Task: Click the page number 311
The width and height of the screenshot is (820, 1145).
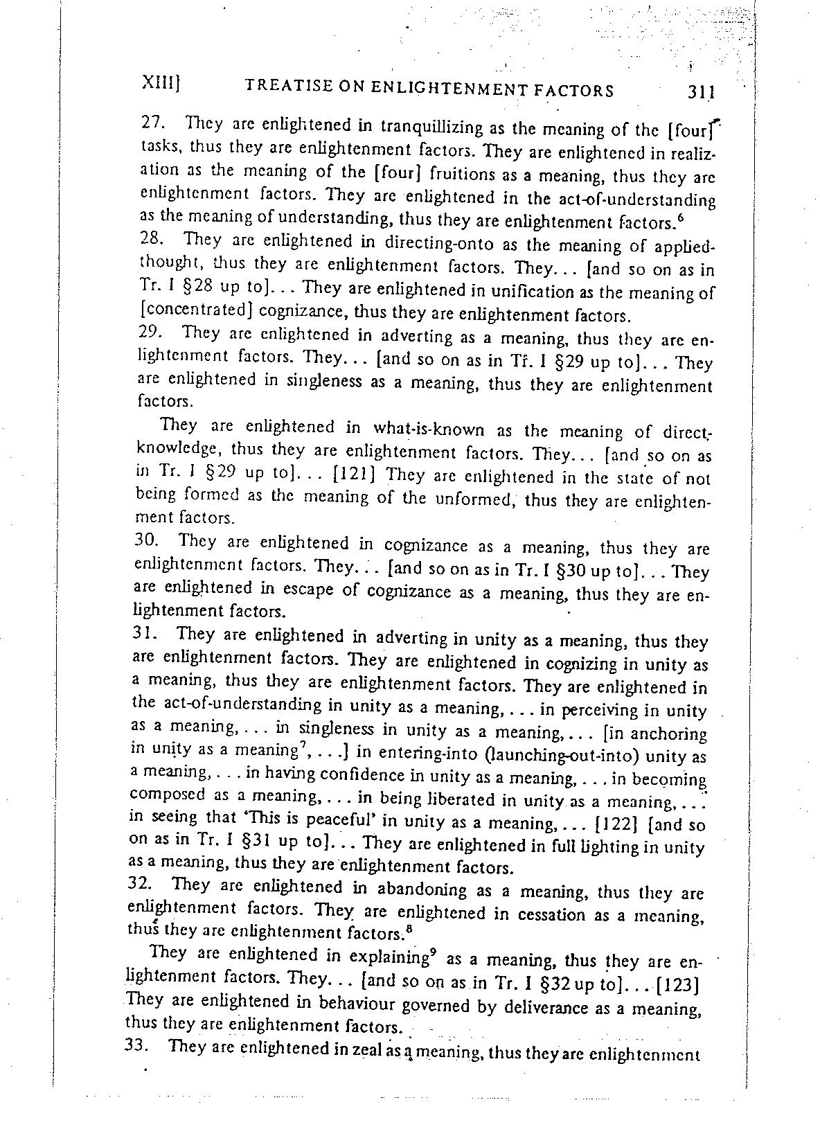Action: point(701,92)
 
